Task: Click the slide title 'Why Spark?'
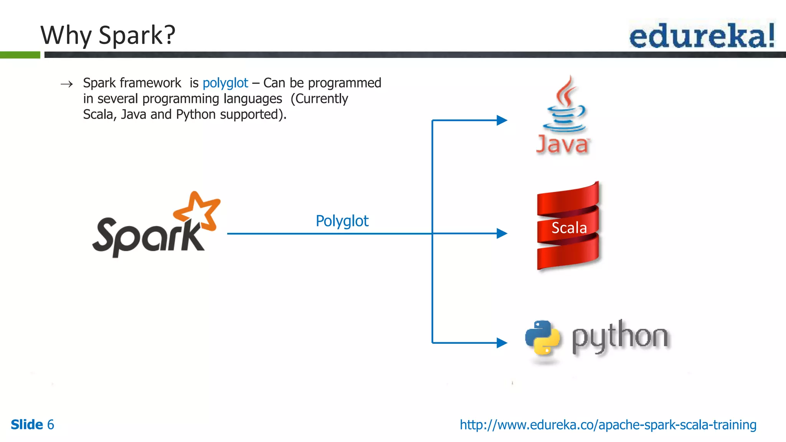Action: point(108,35)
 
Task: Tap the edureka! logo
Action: point(702,36)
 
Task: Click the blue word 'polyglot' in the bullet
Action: point(225,83)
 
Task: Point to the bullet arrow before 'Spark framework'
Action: point(67,84)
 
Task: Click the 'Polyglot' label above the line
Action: point(342,221)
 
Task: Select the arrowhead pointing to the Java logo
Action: point(502,120)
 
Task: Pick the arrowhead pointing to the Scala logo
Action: point(502,233)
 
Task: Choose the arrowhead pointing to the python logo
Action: point(502,343)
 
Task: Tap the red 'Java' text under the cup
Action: point(562,145)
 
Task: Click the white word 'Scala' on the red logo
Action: point(569,228)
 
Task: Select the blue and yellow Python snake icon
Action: point(542,337)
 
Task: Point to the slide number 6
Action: point(50,425)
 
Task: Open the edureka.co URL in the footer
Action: point(608,425)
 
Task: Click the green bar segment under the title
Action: point(20,55)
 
